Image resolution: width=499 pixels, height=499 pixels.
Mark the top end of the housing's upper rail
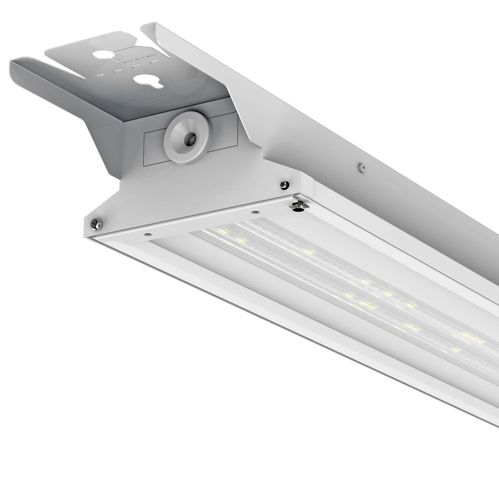coord(148,26)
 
